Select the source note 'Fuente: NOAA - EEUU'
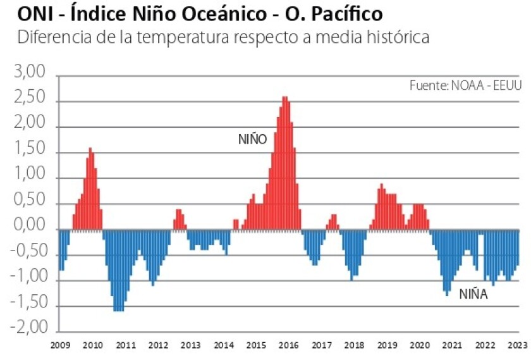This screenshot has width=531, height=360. (x=465, y=85)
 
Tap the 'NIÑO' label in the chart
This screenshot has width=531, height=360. (x=253, y=139)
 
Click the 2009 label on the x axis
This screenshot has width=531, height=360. (x=59, y=345)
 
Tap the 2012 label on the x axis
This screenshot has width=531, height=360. (x=157, y=345)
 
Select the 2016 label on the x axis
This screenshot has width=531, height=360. (x=288, y=345)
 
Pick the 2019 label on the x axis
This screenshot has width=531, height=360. (x=386, y=345)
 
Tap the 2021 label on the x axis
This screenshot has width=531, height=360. (x=452, y=345)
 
